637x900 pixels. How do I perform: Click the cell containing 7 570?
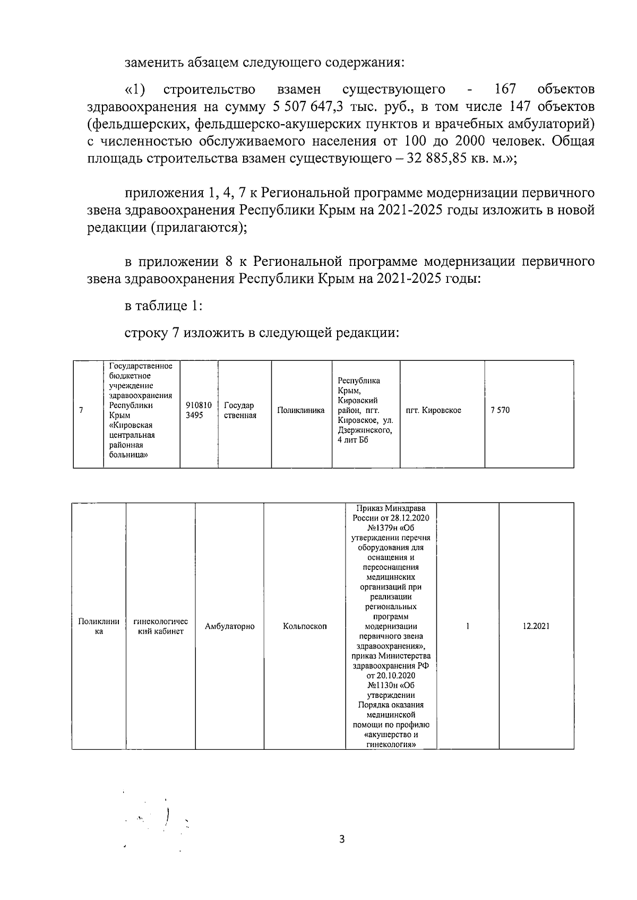pyautogui.click(x=500, y=410)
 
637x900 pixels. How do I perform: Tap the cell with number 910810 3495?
pyautogui.click(x=199, y=410)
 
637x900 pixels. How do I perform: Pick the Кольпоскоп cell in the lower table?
pyautogui.click(x=305, y=626)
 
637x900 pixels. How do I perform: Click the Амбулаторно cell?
pyautogui.click(x=229, y=626)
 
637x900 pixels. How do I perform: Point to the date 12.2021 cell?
pyautogui.click(x=536, y=626)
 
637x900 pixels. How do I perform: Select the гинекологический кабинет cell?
pyautogui.click(x=160, y=626)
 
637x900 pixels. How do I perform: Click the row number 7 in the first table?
pyautogui.click(x=81, y=410)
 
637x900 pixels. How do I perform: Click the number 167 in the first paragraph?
pyautogui.click(x=505, y=89)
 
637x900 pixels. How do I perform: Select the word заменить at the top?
pyautogui.click(x=154, y=63)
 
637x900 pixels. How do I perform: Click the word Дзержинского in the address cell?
pyautogui.click(x=365, y=430)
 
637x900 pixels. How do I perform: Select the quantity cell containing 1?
pyautogui.click(x=467, y=626)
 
